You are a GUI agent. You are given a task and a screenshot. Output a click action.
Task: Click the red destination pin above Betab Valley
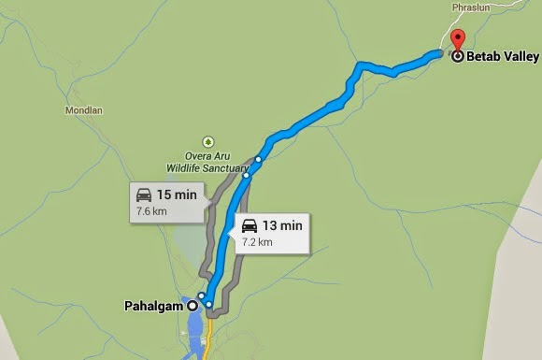point(457,40)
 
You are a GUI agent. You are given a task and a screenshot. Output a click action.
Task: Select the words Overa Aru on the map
point(211,157)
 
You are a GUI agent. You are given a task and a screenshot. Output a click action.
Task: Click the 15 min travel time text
point(176,195)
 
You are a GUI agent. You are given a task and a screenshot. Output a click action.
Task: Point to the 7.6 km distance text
point(151,212)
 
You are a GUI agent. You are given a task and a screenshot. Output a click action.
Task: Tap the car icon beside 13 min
point(250,226)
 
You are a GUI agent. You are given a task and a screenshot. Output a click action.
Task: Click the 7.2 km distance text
point(257,242)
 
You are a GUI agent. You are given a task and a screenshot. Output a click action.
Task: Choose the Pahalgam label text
point(154,306)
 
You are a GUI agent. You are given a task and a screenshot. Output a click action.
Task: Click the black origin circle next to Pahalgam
point(193,306)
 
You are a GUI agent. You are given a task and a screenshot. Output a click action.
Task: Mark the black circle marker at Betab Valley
point(457,57)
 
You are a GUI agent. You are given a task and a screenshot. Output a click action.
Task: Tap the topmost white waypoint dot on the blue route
point(259,159)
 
